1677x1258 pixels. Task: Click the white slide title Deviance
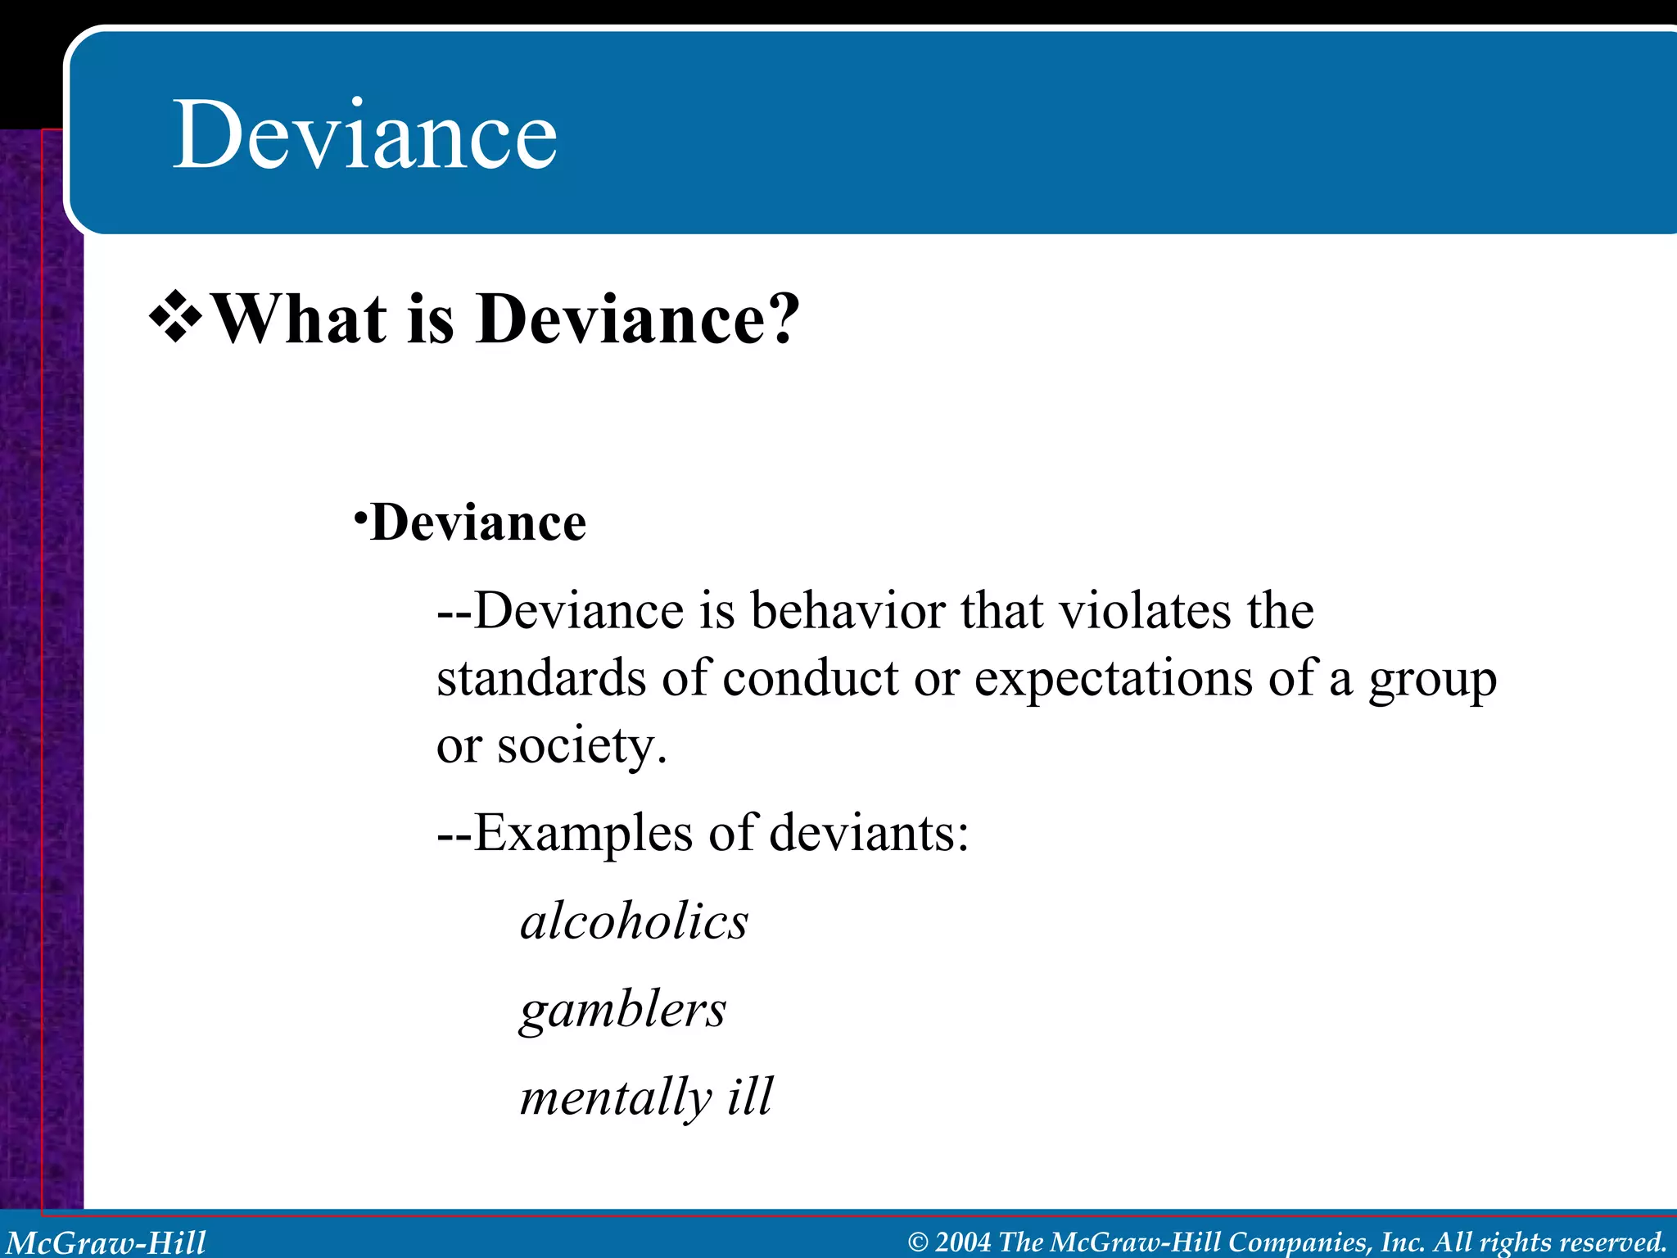pyautogui.click(x=364, y=134)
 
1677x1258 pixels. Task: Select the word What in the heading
pyautogui.click(x=299, y=319)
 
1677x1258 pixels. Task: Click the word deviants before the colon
pyautogui.click(x=861, y=833)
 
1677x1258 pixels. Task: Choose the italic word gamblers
pyautogui.click(x=623, y=1010)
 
